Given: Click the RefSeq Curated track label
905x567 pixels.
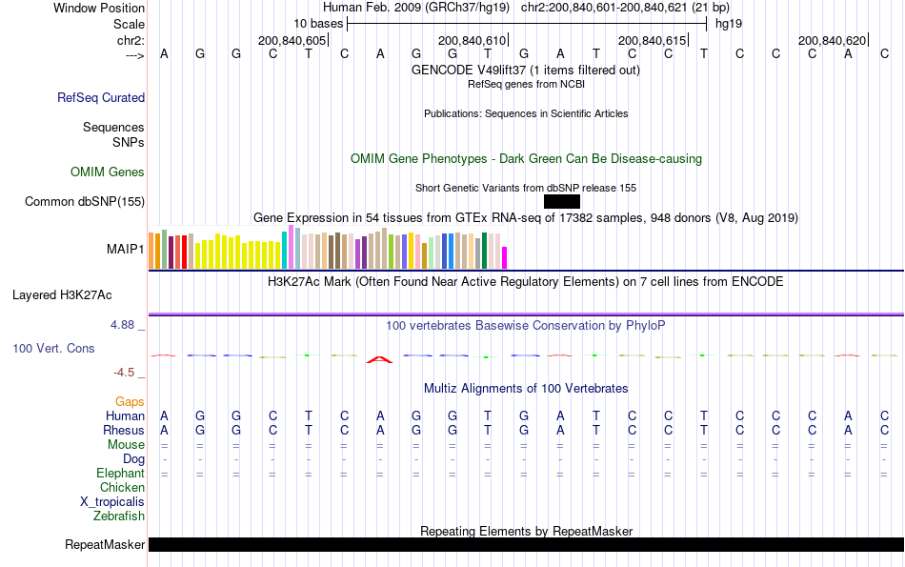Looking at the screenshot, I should pos(101,97).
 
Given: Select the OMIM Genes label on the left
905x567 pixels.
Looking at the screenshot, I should pos(108,172).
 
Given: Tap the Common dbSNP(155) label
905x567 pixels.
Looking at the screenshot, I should pos(85,201).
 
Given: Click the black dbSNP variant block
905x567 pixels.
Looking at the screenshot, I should pos(562,201).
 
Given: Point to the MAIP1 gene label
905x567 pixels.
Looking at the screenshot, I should pos(126,250).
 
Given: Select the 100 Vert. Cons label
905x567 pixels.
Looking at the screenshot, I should pos(53,349).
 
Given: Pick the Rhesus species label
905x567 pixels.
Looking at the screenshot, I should pos(124,430).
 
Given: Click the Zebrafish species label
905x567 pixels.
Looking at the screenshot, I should pos(119,516).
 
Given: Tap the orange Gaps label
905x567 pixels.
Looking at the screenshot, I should pos(130,402).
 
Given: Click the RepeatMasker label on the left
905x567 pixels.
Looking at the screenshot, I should pos(105,545).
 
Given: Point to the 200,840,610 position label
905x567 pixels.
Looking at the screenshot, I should pos(472,41).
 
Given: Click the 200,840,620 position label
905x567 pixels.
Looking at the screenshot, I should pos(833,41).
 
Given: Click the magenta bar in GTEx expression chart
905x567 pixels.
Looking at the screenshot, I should pos(505,257).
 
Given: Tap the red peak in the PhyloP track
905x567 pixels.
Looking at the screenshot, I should pos(380,359).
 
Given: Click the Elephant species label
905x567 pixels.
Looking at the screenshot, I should pos(120,474).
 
